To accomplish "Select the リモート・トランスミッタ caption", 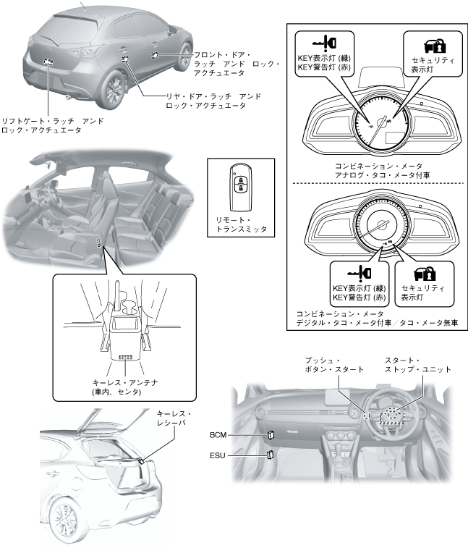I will [237, 224].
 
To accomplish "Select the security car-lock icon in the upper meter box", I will [421, 42].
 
